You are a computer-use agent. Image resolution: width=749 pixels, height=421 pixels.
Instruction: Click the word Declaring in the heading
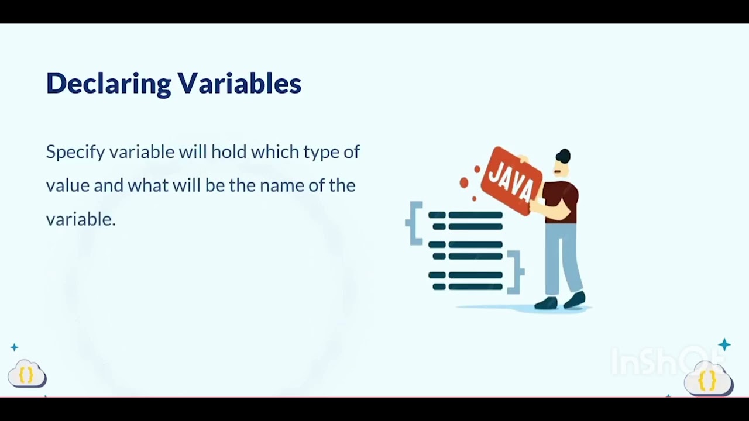[x=109, y=84]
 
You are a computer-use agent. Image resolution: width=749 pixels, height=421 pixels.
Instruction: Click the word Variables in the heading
[x=239, y=82]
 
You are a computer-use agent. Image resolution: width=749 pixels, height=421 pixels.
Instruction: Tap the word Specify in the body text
[x=75, y=153]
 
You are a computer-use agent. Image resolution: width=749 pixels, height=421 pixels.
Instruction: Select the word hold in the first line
[x=229, y=151]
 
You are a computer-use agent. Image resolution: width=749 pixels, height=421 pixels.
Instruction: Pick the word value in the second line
[x=68, y=185]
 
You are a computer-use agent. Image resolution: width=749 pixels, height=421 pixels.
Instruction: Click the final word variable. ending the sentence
[x=81, y=219]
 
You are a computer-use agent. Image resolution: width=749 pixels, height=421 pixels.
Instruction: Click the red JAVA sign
[x=511, y=181]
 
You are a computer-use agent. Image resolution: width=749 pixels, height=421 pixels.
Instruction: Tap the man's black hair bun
[x=564, y=156]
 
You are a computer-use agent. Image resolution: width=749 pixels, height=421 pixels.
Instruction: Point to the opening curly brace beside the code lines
[x=414, y=223]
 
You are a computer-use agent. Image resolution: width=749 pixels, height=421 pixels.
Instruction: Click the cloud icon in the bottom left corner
[x=27, y=374]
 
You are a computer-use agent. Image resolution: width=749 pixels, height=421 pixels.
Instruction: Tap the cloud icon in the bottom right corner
[x=709, y=379]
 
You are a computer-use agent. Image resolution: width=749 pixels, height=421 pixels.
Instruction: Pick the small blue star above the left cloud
[x=15, y=347]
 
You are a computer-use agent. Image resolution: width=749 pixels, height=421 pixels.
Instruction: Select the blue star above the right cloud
[x=724, y=345]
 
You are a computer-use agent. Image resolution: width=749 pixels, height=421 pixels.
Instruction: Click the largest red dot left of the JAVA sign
[x=464, y=183]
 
